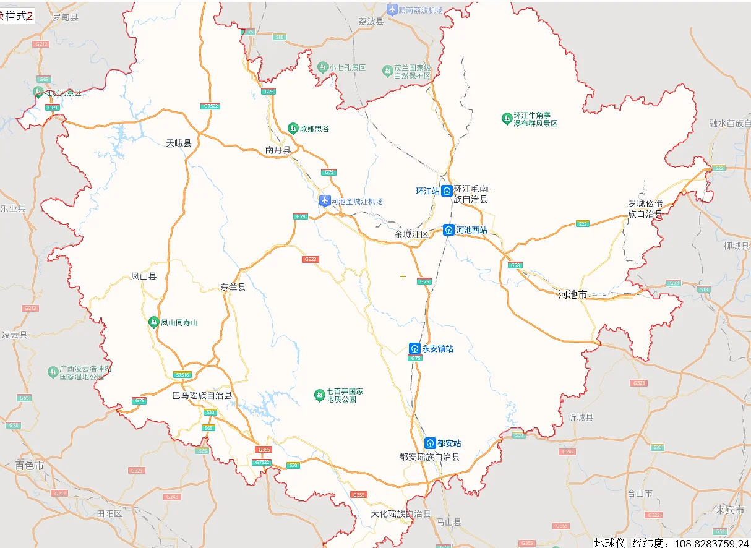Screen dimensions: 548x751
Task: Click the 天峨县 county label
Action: (179, 143)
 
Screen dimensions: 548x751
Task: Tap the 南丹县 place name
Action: (278, 150)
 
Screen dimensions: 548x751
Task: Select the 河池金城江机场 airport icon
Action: (325, 201)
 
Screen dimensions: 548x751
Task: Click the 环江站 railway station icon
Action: (447, 191)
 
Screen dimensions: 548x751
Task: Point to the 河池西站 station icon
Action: (449, 230)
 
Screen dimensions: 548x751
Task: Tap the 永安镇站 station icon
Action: (415, 349)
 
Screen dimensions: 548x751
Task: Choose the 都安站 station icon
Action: (431, 443)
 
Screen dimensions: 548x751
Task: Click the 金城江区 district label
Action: (411, 234)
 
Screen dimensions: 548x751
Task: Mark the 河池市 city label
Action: (572, 294)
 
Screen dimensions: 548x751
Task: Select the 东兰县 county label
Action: (233, 287)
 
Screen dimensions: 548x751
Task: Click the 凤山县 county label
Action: (144, 276)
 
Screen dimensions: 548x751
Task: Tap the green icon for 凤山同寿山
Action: (153, 322)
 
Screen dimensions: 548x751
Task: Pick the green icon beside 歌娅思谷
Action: (293, 129)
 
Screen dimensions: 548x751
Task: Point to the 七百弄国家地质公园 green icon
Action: (320, 395)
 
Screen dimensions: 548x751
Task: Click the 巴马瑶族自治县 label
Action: (202, 395)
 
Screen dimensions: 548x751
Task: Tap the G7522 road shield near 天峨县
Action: (211, 106)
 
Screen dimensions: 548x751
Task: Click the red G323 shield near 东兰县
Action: (311, 259)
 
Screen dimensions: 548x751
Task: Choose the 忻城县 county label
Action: (581, 417)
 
